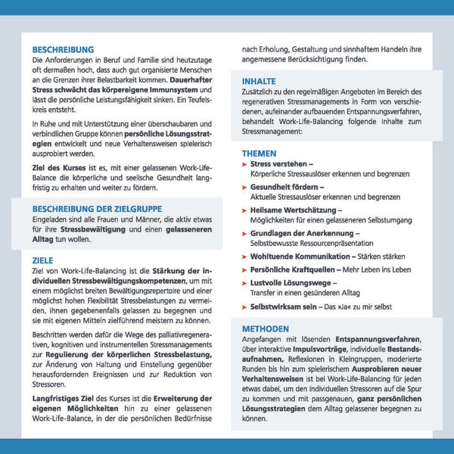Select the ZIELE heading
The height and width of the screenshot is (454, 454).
pos(43,257)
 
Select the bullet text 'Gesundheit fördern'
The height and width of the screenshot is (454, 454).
pos(286,186)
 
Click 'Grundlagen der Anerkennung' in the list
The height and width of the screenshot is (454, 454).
pos(301,233)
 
